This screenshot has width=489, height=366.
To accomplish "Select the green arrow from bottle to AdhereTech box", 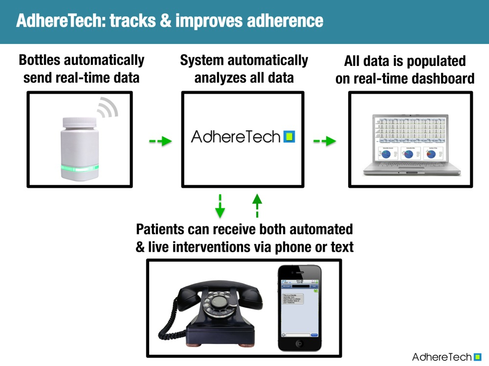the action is [x=160, y=142].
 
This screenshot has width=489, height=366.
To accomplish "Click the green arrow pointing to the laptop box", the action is [x=325, y=142].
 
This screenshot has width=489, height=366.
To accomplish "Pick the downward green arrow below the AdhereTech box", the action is [x=220, y=206].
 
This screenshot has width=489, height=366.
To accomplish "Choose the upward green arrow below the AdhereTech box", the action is [x=257, y=204].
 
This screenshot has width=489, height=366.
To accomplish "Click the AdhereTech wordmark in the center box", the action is [x=236, y=137].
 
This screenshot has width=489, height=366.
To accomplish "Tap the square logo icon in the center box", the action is [x=289, y=137].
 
